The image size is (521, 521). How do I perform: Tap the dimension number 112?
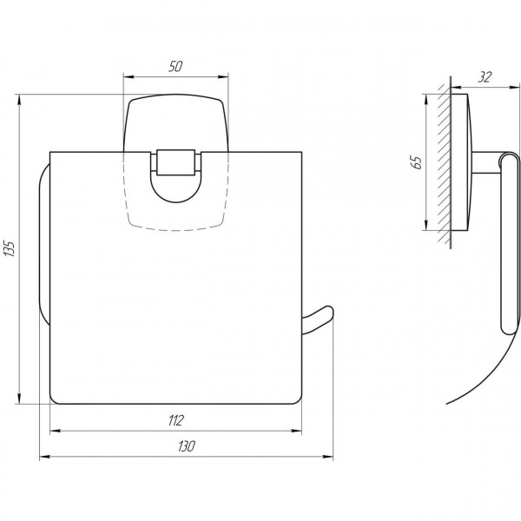pos(176,421)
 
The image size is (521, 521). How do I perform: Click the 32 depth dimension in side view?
pos(485,77)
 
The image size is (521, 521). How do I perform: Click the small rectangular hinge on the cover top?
pos(177,162)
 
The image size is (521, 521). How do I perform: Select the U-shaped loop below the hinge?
pos(177,192)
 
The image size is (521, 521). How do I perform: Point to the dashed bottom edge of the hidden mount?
pos(177,230)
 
